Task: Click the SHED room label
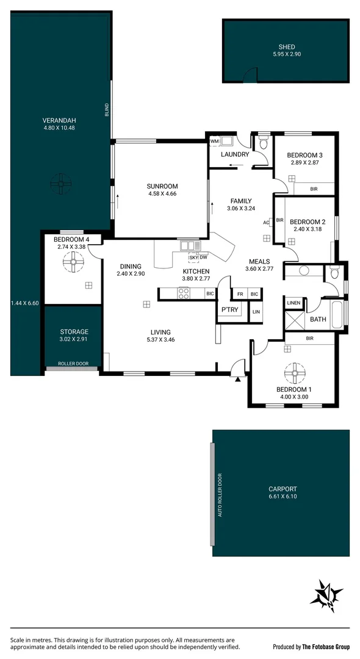click(x=287, y=46)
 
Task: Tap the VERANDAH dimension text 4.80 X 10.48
click(x=59, y=128)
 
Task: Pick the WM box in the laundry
click(x=214, y=141)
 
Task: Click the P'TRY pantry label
click(x=229, y=310)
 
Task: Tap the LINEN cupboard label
click(x=293, y=302)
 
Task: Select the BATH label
click(x=318, y=319)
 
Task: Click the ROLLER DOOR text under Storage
click(x=73, y=364)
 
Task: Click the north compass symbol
click(x=329, y=595)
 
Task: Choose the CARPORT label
click(x=283, y=489)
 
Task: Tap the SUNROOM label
click(x=162, y=186)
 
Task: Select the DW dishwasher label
click(x=203, y=256)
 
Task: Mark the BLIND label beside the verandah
click(x=107, y=109)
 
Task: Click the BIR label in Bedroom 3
click(x=314, y=189)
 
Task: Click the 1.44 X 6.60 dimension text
click(x=24, y=303)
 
